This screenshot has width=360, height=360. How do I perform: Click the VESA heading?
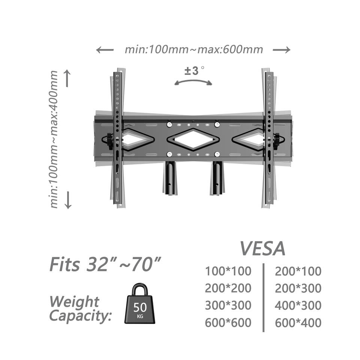[x=262, y=248]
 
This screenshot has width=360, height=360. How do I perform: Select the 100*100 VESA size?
[x=228, y=271]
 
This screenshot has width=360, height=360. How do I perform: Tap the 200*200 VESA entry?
[x=228, y=288]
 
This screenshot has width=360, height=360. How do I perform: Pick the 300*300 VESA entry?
[x=228, y=305]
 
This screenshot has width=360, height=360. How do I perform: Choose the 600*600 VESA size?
[x=228, y=322]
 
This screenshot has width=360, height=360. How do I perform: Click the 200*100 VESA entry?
[x=298, y=271]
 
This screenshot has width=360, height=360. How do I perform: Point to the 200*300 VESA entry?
[x=298, y=288]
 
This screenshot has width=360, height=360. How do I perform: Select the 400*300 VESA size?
[x=298, y=305]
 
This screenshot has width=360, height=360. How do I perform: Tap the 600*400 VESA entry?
[x=298, y=322]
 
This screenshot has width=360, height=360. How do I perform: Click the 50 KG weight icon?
[x=139, y=304]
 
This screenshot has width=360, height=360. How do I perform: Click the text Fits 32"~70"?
[x=106, y=264]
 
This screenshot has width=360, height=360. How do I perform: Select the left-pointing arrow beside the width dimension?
[x=105, y=49]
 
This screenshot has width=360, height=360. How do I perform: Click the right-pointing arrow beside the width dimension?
[x=281, y=49]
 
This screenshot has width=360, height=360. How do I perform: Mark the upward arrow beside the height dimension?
[x=67, y=78]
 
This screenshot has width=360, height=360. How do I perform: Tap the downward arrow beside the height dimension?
[x=68, y=200]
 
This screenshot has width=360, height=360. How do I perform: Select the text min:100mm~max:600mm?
[x=193, y=49]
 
